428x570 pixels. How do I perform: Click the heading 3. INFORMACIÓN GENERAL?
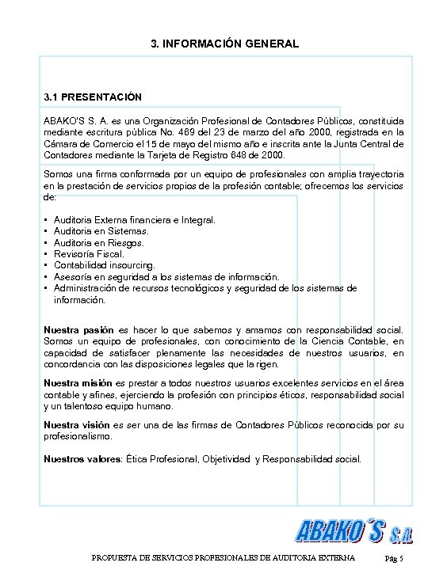[224, 44]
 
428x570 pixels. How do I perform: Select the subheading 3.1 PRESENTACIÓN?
[93, 97]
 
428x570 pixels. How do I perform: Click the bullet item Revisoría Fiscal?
[90, 254]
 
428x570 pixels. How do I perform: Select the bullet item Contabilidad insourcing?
[105, 265]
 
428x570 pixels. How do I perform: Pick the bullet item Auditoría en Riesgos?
[99, 242]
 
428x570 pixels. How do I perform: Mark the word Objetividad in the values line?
[231, 458]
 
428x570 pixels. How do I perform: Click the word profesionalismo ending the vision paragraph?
[78, 436]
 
